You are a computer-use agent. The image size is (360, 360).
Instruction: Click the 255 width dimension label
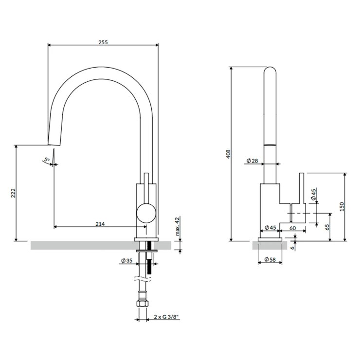tap(103, 42)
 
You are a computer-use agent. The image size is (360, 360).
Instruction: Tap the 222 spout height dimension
tap(13, 193)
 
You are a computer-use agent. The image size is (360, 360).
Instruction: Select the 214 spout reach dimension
tap(100, 224)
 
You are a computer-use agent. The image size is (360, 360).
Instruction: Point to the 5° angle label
tap(47, 160)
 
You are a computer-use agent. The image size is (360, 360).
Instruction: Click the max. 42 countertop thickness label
tap(177, 227)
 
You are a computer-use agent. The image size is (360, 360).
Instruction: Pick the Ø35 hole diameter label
tap(127, 260)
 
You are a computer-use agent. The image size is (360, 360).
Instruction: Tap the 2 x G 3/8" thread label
tap(166, 317)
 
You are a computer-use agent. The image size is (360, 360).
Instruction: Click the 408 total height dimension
tap(228, 154)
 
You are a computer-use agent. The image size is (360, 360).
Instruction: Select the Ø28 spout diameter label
tap(252, 161)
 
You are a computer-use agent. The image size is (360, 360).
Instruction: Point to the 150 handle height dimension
tap(342, 207)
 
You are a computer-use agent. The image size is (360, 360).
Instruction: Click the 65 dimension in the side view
tap(327, 227)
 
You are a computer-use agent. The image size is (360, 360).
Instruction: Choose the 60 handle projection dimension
tap(292, 228)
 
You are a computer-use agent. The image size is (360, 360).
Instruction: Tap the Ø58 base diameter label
tap(270, 259)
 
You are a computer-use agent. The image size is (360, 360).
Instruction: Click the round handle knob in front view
tap(146, 213)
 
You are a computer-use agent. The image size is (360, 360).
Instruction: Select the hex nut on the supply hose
tap(143, 304)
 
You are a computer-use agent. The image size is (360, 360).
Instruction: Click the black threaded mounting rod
tap(149, 258)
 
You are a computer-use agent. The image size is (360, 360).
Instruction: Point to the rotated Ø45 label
tap(314, 194)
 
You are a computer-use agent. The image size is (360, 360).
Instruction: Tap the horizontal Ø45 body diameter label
tap(270, 228)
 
